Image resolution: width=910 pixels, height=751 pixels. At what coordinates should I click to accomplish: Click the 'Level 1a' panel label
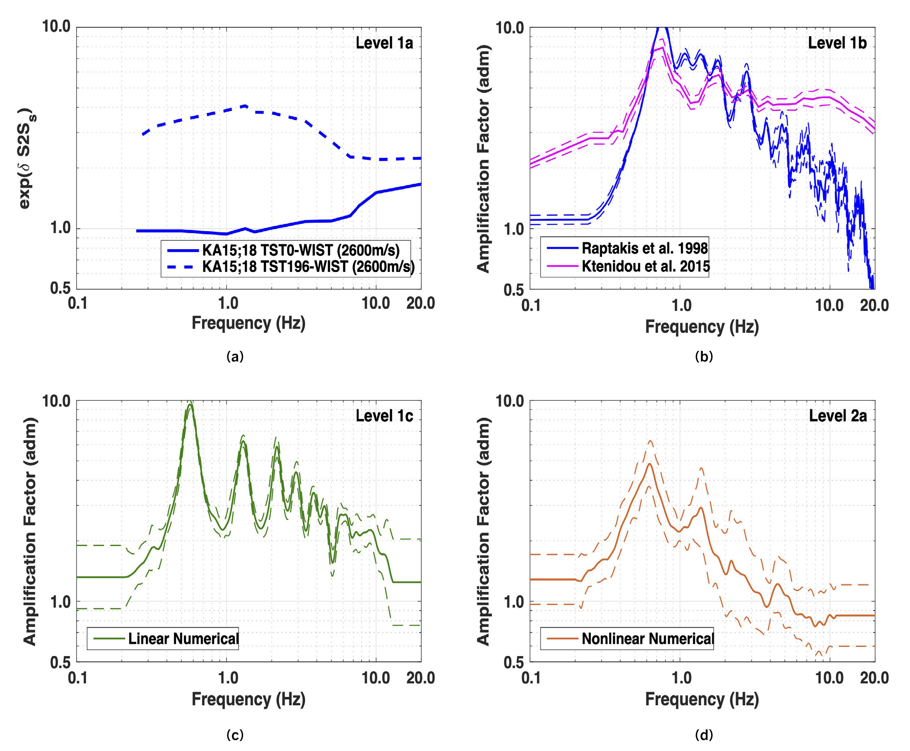(x=384, y=43)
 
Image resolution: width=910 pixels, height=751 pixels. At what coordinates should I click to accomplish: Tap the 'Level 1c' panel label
(x=384, y=416)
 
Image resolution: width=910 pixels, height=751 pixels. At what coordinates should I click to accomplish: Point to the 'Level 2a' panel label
(x=838, y=416)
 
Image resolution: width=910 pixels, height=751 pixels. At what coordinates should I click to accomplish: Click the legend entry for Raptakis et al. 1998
(x=644, y=248)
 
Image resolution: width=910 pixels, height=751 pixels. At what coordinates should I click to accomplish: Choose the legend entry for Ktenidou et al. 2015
(x=645, y=266)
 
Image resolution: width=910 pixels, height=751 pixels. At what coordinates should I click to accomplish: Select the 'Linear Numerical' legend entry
(x=183, y=638)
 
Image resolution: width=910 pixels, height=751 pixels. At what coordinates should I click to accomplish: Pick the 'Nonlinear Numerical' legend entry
(x=647, y=638)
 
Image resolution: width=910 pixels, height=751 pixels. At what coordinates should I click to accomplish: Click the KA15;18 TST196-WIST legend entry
(x=308, y=267)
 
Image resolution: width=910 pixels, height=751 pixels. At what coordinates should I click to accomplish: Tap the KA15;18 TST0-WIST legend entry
(x=300, y=250)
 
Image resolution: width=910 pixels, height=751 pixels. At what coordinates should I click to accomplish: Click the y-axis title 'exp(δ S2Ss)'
(x=27, y=159)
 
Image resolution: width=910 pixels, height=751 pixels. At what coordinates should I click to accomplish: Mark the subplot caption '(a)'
(x=235, y=356)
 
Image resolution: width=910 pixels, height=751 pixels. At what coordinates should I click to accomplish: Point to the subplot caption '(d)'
(x=704, y=735)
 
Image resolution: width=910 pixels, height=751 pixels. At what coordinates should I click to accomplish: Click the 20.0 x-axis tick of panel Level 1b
(x=874, y=306)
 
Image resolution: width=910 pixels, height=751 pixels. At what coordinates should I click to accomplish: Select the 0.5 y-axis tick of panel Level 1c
(x=60, y=662)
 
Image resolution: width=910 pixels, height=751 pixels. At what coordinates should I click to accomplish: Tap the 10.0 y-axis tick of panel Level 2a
(x=509, y=401)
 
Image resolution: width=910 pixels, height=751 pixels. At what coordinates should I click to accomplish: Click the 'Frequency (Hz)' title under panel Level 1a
(x=249, y=323)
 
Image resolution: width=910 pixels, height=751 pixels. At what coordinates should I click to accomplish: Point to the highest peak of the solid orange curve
(x=649, y=464)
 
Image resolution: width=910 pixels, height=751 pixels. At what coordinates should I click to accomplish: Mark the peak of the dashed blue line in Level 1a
(x=245, y=106)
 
